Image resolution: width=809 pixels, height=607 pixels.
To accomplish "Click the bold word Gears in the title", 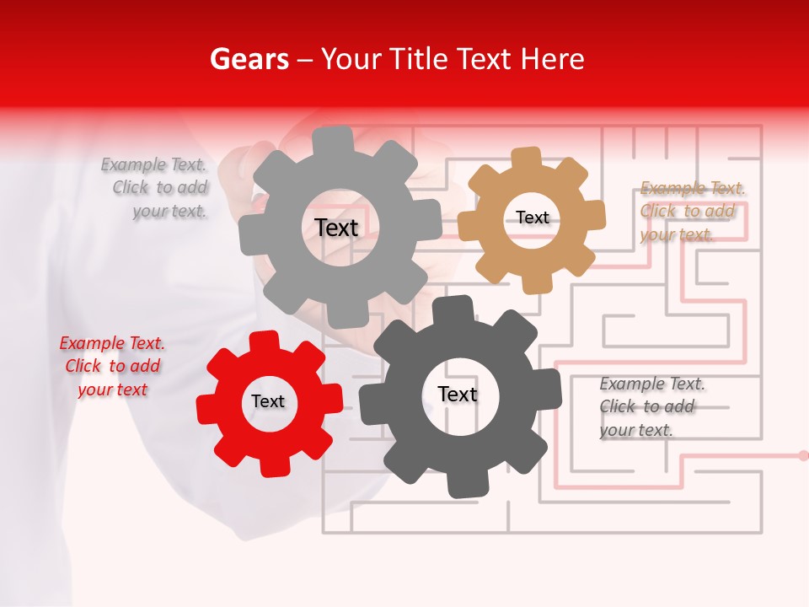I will click(x=249, y=59).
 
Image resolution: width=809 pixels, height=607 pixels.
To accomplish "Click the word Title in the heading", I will click(x=421, y=59).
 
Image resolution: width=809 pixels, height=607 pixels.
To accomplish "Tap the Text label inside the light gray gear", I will click(x=336, y=228).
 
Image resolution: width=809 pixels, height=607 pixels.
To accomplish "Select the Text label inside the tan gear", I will click(x=533, y=218).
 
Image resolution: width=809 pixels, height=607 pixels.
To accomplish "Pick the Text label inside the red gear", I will click(x=268, y=401).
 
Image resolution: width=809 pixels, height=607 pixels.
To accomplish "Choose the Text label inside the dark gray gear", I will click(x=458, y=394).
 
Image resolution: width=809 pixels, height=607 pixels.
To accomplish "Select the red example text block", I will click(x=112, y=366).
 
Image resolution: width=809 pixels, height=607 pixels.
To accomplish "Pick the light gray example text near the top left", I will click(x=155, y=188).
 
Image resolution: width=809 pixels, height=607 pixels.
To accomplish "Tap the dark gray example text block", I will click(x=651, y=406).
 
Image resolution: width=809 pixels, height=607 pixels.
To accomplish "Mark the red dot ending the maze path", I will click(x=803, y=455).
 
